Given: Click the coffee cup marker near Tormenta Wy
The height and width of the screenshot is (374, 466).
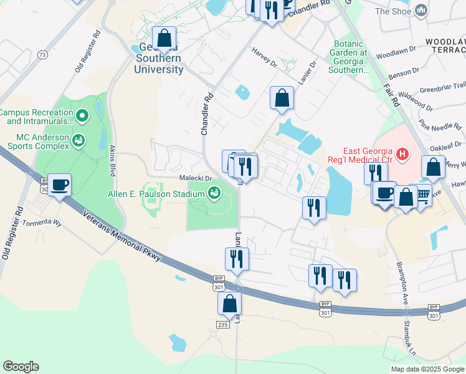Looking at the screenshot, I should tap(60, 185).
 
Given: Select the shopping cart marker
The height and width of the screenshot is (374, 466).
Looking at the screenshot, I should tap(422, 196).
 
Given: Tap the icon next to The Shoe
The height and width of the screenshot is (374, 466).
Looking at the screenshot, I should tap(422, 11).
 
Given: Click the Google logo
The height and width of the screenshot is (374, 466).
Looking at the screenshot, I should tap(21, 367).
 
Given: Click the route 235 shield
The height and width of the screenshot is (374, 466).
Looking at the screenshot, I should tap(223, 325).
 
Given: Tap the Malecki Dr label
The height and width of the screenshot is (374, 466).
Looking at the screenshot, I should tap(196, 178).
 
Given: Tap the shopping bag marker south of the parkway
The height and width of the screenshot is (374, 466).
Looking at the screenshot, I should tap(229, 304).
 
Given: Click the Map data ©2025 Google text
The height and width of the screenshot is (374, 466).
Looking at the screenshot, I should tap(427, 369).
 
